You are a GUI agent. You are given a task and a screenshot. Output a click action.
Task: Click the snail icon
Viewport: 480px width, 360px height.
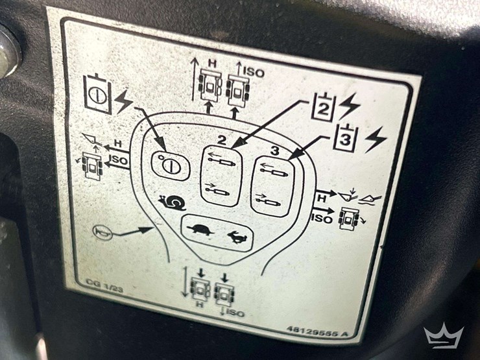coord(173,202)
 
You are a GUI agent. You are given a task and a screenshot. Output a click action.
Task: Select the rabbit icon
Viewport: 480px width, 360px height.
coord(236,237)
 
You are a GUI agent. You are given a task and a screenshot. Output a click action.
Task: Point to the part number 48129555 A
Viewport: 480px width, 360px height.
coord(317,331)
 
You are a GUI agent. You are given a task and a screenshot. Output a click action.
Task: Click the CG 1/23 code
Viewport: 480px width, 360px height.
coord(104,286)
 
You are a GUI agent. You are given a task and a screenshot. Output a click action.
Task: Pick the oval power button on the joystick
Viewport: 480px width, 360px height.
coord(171,165)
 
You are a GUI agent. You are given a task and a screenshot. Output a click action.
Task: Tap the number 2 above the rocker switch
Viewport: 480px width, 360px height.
coord(222,139)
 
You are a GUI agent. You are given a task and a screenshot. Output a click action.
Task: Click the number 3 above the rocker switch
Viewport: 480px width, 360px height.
coord(275,150)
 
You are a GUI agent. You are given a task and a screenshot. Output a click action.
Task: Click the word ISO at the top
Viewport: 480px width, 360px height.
coord(254,73)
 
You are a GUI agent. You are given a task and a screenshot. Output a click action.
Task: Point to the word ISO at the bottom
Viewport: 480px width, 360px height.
coord(235,313)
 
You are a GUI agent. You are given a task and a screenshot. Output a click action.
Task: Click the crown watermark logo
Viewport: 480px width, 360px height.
coord(444,335)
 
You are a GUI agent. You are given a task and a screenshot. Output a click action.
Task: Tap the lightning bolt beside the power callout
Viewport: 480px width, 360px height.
coord(125,102)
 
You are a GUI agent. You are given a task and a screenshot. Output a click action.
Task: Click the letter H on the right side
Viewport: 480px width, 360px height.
coord(322,198)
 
